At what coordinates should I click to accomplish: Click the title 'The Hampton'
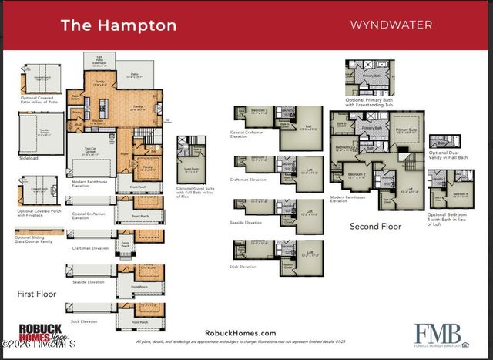tap(118, 25)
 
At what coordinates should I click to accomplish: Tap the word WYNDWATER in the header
tap(391, 24)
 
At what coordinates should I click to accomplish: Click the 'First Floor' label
tap(37, 294)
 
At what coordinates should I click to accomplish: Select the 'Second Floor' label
tap(375, 226)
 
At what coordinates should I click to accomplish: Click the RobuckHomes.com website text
tap(240, 332)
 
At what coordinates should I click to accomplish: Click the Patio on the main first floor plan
tap(133, 75)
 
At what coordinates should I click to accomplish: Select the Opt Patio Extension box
tap(99, 59)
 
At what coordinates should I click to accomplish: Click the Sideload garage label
tap(29, 158)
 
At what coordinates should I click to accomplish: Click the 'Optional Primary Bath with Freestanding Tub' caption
tap(370, 103)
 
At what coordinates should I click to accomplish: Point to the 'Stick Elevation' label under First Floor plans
tap(84, 321)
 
